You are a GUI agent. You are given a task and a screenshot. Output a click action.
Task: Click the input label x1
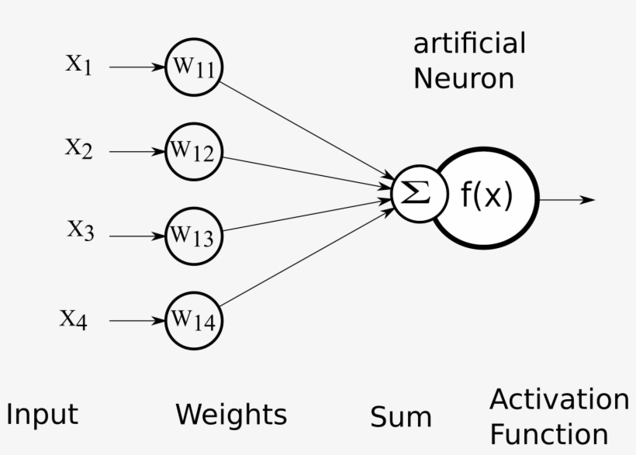tap(78, 65)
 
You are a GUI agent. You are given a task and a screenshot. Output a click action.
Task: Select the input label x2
tap(78, 149)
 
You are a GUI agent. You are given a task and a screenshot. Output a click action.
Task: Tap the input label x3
tap(79, 231)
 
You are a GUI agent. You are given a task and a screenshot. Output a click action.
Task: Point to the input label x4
tap(74, 319)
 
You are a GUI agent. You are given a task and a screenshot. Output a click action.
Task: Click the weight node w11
tap(194, 67)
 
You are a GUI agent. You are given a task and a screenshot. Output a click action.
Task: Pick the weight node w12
tap(194, 152)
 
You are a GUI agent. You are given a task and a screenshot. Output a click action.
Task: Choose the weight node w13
tap(194, 235)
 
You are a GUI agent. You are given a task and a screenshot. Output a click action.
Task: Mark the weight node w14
tap(194, 319)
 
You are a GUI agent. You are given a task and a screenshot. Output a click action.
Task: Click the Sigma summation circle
tap(419, 193)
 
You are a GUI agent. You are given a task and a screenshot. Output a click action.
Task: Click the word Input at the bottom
tap(42, 415)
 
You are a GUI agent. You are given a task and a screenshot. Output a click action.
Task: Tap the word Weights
tap(230, 415)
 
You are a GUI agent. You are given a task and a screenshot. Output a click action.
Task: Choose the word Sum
tap(400, 418)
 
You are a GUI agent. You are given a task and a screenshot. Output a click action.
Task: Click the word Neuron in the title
tap(463, 78)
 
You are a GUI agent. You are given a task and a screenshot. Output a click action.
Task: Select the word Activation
tap(558, 400)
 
